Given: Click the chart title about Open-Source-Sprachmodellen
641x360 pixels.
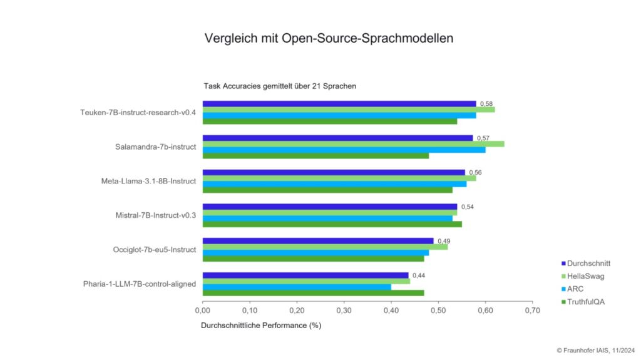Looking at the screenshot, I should tap(329, 38).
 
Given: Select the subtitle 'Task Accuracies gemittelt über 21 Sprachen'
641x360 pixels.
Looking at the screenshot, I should tap(280, 86).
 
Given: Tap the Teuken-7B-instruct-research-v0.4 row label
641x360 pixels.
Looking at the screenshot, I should tap(138, 113).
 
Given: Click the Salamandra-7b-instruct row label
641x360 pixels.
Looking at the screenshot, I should tap(155, 147).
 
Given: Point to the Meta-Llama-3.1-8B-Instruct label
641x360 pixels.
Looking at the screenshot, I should tap(148, 181).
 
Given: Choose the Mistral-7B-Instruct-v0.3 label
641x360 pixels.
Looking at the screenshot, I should tap(153, 215).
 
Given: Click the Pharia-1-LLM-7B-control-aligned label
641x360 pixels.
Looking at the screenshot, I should tap(139, 284).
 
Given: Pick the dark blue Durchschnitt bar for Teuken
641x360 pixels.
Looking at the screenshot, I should tap(339, 104).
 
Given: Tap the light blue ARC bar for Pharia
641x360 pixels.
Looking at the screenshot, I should tap(297, 287).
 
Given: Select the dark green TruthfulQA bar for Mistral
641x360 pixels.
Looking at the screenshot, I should tap(332, 224).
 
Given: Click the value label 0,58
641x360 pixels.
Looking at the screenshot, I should tap(486, 104).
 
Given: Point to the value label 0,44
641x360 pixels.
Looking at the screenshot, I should tap(419, 275).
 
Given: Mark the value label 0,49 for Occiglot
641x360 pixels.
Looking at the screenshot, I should tap(444, 241).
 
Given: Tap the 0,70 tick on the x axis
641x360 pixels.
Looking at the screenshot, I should tap(532, 310).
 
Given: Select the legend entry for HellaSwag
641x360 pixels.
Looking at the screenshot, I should tap(585, 276).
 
